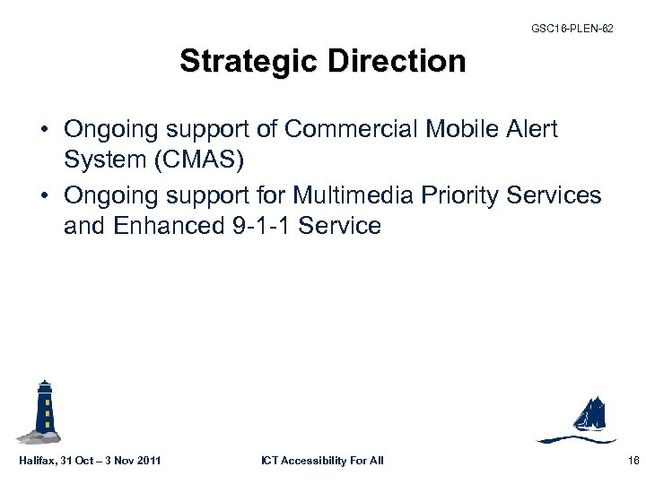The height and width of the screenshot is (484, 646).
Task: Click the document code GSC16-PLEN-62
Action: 572,29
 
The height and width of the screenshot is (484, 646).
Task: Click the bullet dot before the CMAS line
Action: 44,131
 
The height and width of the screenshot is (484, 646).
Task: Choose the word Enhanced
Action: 164,226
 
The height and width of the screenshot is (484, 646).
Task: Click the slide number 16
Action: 632,461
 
